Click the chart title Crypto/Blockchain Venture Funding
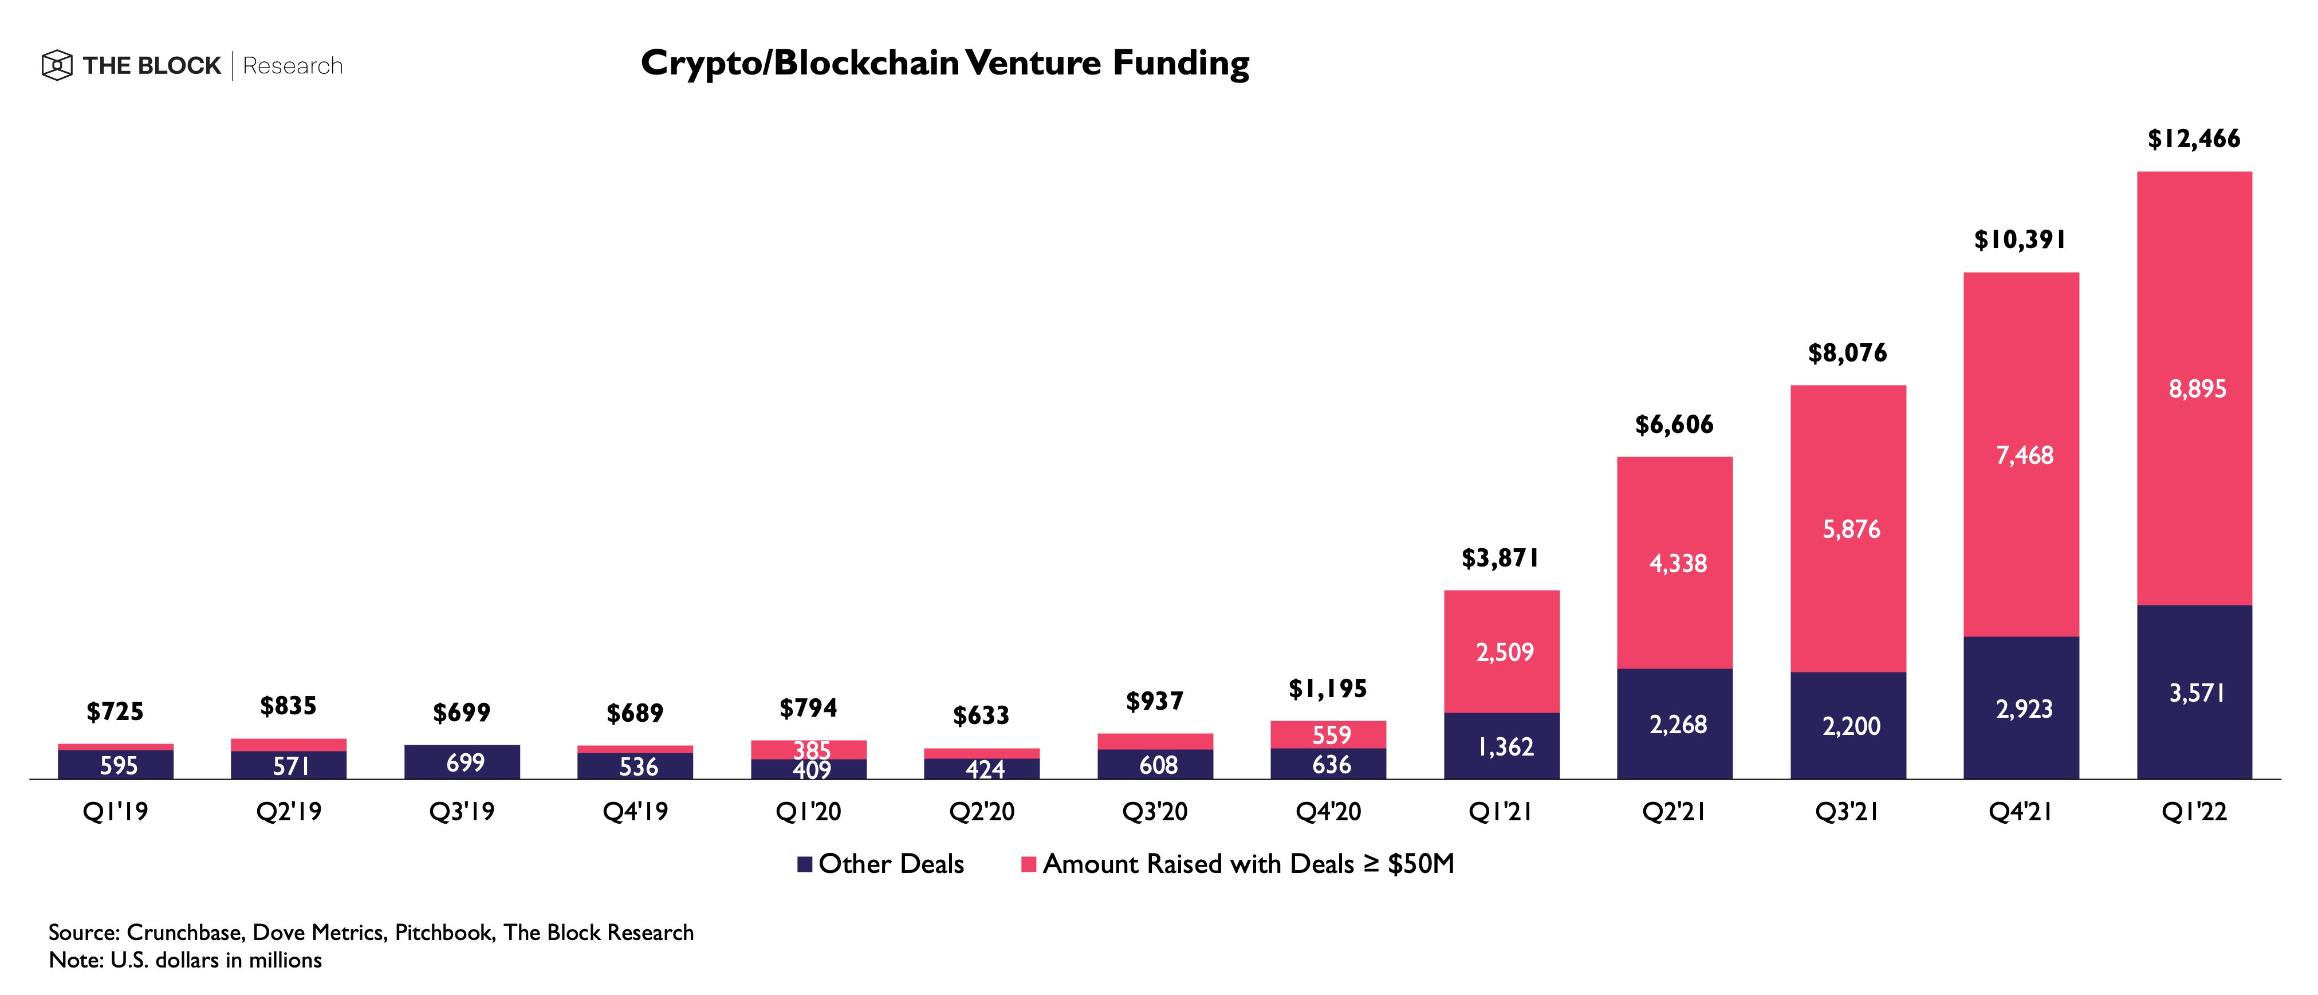pos(945,63)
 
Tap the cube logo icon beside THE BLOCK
pos(57,66)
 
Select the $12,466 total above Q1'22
pos(2194,139)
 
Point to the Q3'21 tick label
pos(1847,812)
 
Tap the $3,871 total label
pos(1500,559)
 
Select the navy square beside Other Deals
pos(805,864)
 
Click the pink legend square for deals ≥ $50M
pos(1029,864)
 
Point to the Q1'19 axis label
pos(115,812)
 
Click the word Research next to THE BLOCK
pos(293,66)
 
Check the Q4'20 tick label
pos(1328,812)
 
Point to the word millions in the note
pos(285,960)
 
